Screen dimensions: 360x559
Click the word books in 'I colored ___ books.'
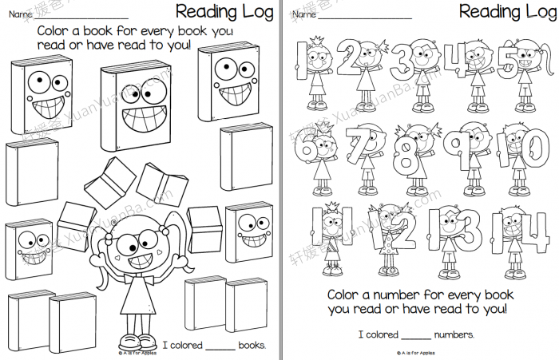click(252, 345)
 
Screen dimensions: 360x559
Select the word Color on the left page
click(54, 30)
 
